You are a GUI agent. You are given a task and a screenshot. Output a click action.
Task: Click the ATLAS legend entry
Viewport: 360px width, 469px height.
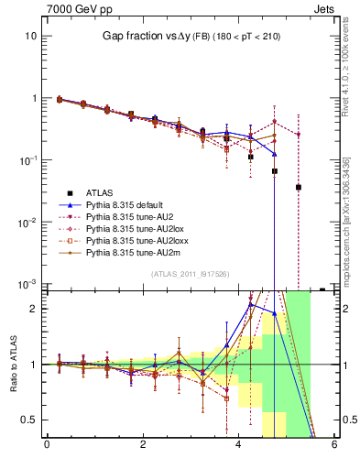100,192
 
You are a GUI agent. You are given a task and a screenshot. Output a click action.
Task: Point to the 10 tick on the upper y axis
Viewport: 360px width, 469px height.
31,36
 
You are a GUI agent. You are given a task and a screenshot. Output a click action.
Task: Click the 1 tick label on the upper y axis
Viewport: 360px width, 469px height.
34,98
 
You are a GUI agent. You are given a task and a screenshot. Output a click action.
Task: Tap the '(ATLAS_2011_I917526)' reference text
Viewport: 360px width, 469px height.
190,274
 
